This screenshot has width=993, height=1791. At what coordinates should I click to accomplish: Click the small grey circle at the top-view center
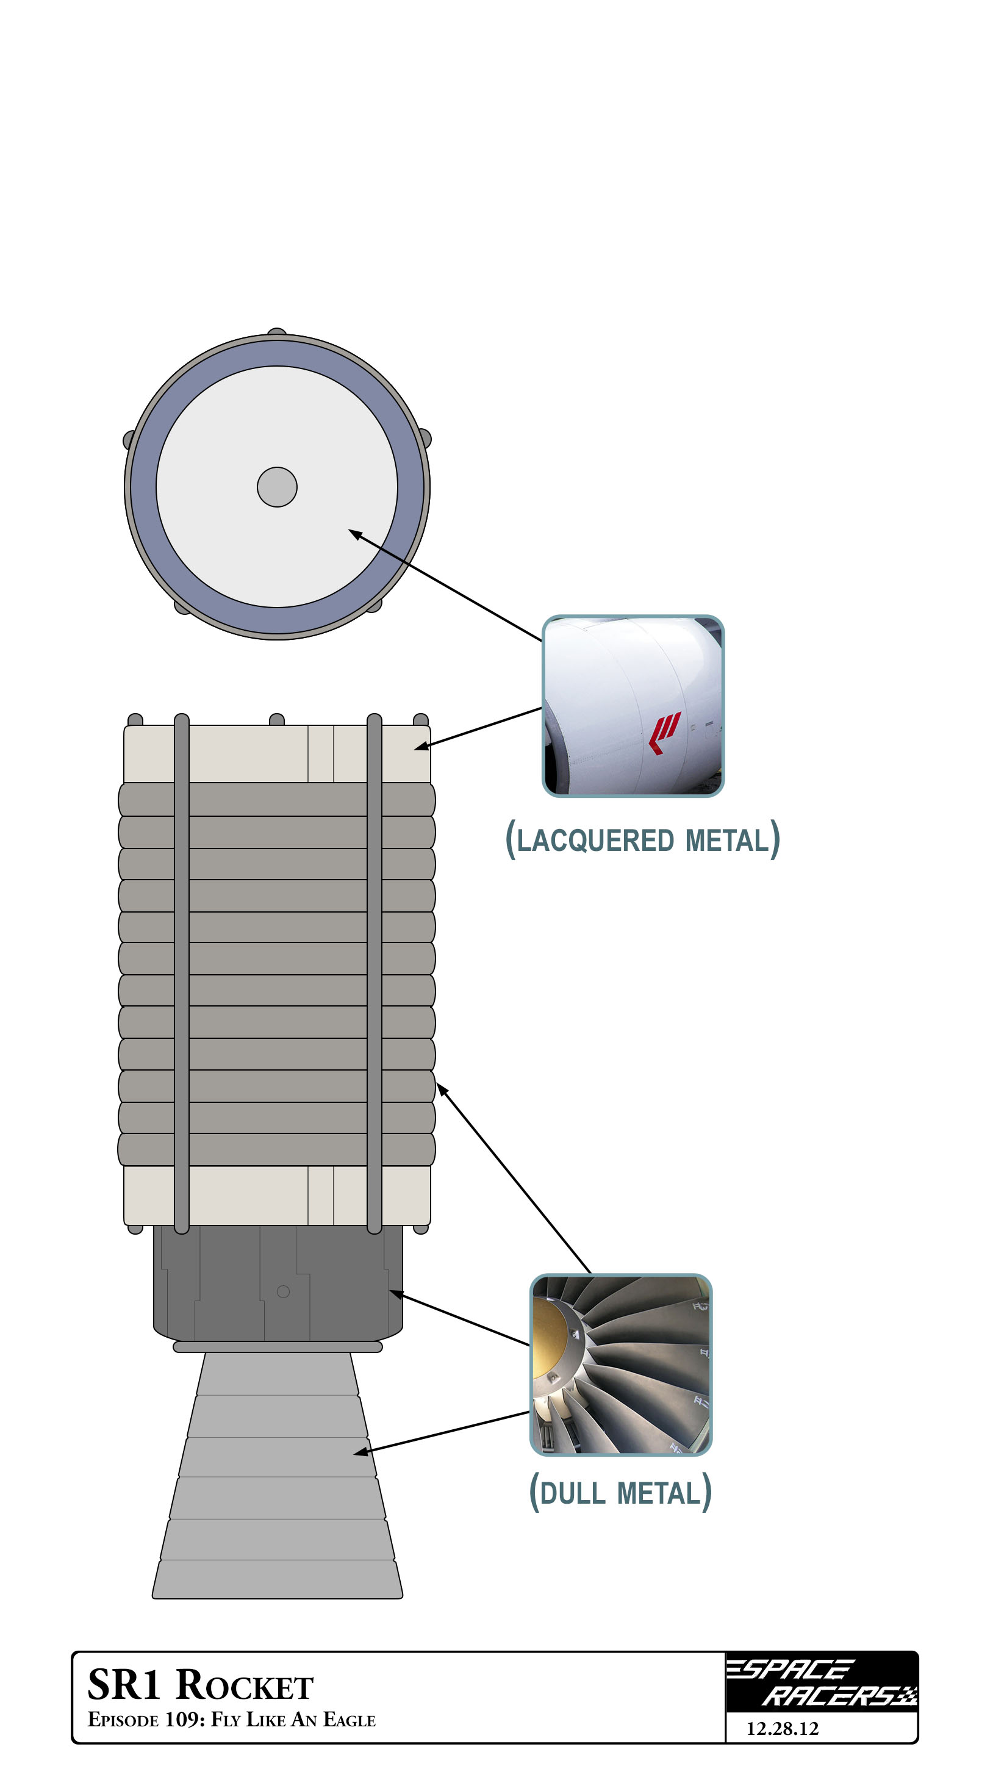pyautogui.click(x=277, y=487)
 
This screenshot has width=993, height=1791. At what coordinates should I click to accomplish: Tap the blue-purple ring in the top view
pyautogui.click(x=143, y=487)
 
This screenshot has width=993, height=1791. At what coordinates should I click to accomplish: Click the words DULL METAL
pyautogui.click(x=620, y=1493)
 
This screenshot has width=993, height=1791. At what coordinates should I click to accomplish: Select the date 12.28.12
pyautogui.click(x=783, y=1728)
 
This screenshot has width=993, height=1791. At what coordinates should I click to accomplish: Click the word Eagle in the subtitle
pyautogui.click(x=349, y=1720)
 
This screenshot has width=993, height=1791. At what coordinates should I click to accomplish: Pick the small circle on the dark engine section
pyautogui.click(x=283, y=1291)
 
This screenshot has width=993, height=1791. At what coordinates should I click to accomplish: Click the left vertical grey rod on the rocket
pyautogui.click(x=182, y=974)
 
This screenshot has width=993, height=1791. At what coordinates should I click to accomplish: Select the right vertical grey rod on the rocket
pyautogui.click(x=374, y=974)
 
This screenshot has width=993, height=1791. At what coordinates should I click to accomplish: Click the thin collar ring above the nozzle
pyautogui.click(x=278, y=1347)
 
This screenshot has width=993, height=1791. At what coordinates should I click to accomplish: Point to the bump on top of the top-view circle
pyautogui.click(x=277, y=332)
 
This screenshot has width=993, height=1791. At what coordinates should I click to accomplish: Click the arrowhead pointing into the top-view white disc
pyautogui.click(x=354, y=534)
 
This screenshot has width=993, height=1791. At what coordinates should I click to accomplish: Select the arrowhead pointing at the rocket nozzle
pyautogui.click(x=360, y=1452)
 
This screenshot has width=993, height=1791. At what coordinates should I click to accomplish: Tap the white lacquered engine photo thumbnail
pyautogui.click(x=633, y=706)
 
